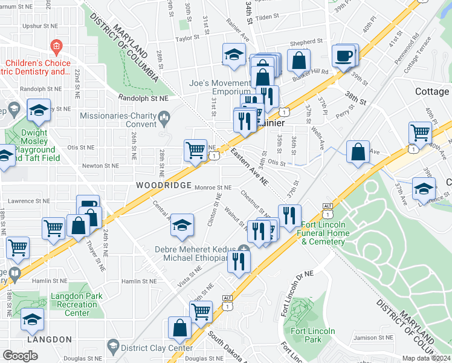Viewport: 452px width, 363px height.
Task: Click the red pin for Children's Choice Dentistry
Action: point(56,46)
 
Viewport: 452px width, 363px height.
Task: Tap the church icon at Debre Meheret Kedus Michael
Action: point(244,249)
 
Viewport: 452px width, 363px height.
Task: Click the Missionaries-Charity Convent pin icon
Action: point(163,116)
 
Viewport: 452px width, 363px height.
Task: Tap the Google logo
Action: point(20,355)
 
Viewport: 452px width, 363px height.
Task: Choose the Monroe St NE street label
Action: point(213,188)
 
